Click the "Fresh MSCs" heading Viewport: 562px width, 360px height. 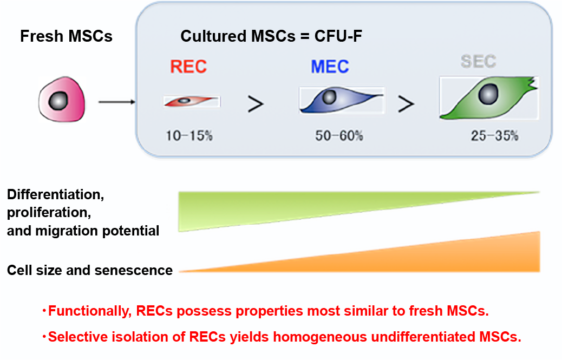66,37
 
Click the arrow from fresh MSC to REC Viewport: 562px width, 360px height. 117,101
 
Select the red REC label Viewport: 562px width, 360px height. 188,67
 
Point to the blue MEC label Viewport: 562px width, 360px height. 330,67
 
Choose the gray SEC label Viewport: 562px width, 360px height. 479,62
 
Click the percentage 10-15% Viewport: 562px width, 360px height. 189,136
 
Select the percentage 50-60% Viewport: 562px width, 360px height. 339,136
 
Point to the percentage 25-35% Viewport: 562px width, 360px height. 494,136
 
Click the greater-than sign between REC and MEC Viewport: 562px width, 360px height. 256,103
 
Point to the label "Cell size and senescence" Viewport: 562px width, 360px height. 90,270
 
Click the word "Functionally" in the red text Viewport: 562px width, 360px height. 90,311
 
